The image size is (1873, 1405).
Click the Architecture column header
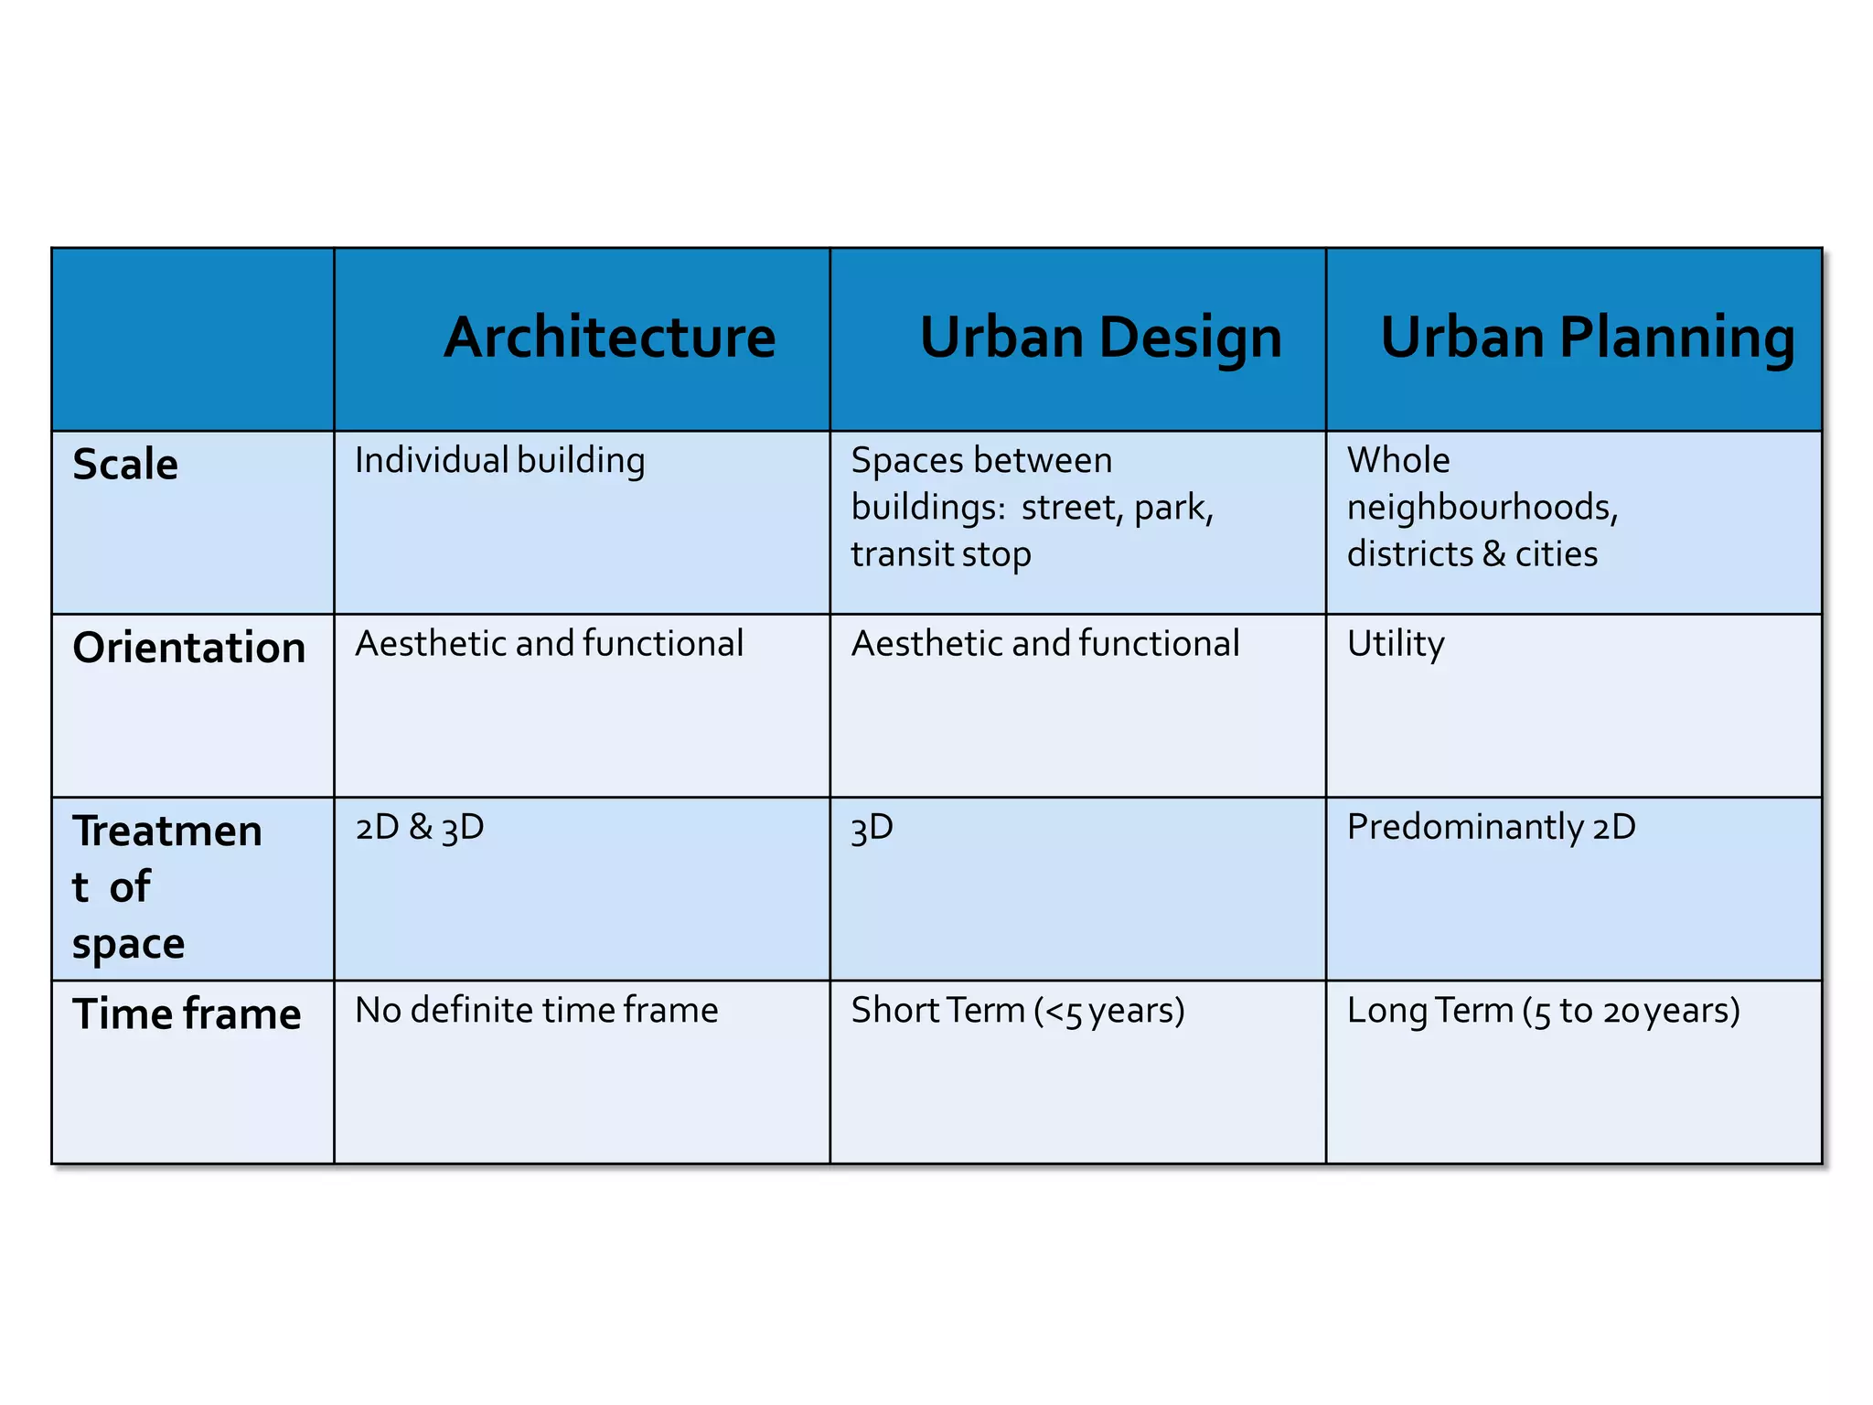click(610, 338)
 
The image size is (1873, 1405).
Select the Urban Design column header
click(1100, 338)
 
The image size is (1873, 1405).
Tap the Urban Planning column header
click(1587, 338)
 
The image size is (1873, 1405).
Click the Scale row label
click(125, 465)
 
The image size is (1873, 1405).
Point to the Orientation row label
click(189, 648)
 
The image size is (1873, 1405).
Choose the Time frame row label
click(187, 1014)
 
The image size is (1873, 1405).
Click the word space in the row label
click(128, 944)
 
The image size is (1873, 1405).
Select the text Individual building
click(499, 460)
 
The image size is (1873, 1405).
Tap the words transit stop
click(940, 554)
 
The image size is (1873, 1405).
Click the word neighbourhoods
click(1482, 507)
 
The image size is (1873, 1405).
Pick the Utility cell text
click(1396, 644)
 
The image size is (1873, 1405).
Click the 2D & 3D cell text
click(419, 827)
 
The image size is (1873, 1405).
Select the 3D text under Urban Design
click(872, 828)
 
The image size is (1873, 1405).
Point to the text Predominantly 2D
click(1491, 827)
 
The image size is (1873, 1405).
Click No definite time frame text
click(536, 1010)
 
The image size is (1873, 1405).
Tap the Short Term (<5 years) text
click(1017, 1011)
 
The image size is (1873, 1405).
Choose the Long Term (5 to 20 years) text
click(1543, 1011)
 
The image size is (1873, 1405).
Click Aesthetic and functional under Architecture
click(549, 643)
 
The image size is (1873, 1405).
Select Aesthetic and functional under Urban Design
click(1044, 643)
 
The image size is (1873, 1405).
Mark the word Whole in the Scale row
click(1398, 460)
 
